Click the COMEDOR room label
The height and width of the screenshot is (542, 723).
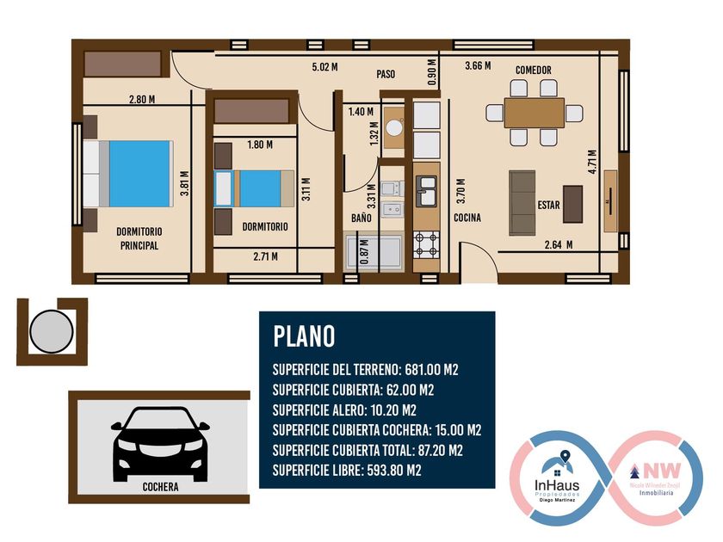533,70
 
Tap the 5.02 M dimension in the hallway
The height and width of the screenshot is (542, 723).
324,67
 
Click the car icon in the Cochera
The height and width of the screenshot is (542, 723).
160,444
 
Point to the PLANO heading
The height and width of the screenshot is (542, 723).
304,336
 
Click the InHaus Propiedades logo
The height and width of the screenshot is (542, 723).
557,479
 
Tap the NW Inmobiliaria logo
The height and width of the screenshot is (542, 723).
655,479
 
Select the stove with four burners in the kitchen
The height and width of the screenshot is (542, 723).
427,244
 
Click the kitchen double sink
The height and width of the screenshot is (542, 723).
427,191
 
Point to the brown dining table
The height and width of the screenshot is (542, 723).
535,113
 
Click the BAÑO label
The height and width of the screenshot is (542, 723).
361,218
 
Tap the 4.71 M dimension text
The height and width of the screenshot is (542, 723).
592,162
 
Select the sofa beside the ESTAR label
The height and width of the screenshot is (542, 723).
522,203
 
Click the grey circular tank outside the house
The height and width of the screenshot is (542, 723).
51,331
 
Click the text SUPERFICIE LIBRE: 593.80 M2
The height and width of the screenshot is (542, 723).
347,471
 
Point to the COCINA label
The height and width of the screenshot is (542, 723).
467,218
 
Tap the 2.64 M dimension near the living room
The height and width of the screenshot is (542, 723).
559,244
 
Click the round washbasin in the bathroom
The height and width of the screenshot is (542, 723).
394,127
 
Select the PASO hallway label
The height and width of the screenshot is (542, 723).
386,74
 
